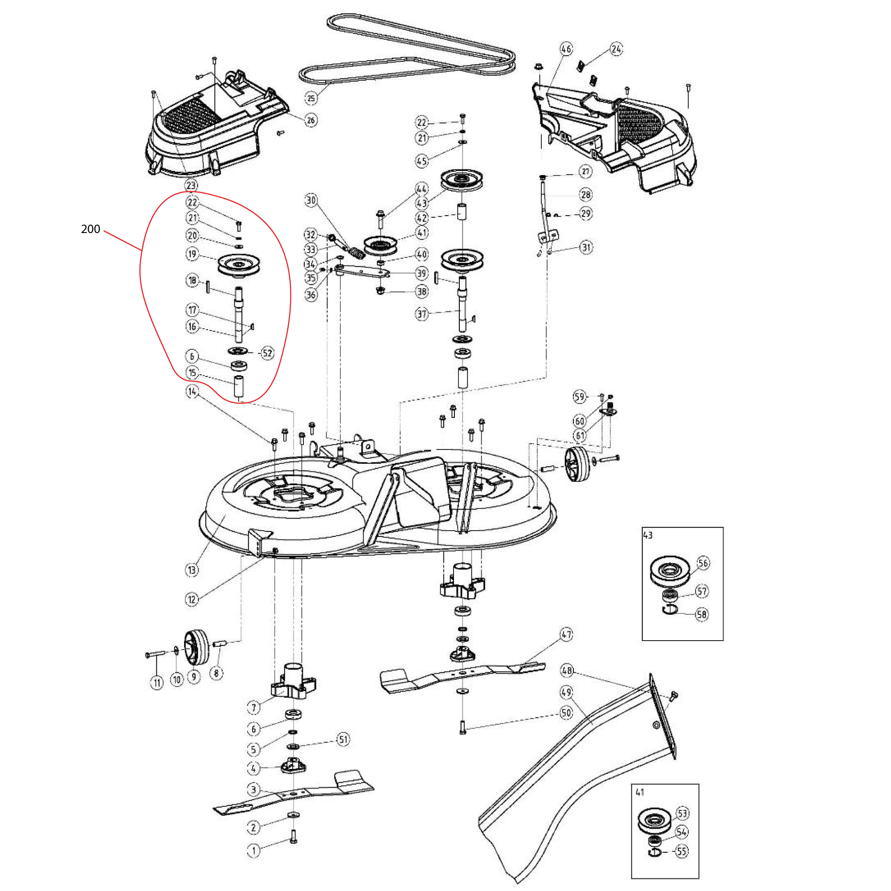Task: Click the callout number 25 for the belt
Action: [x=311, y=98]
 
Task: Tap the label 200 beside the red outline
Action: [x=90, y=229]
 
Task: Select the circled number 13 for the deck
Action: [x=192, y=570]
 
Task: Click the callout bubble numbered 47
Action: [x=566, y=634]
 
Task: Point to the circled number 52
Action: [x=267, y=353]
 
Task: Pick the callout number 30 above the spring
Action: [x=311, y=200]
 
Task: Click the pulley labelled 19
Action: [x=238, y=266]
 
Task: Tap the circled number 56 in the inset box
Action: [x=703, y=563]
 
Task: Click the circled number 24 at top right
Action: [x=617, y=49]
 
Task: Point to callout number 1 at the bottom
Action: [x=253, y=850]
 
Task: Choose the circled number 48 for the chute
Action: [x=567, y=670]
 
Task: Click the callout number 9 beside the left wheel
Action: [x=194, y=677]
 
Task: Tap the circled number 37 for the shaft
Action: [x=422, y=314]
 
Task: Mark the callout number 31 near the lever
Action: [x=586, y=247]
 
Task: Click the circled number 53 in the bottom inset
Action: [x=682, y=813]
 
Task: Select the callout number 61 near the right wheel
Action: [x=580, y=435]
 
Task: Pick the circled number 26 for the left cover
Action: [x=311, y=120]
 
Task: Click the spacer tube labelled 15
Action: [x=239, y=386]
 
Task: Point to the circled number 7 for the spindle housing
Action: [x=253, y=707]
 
